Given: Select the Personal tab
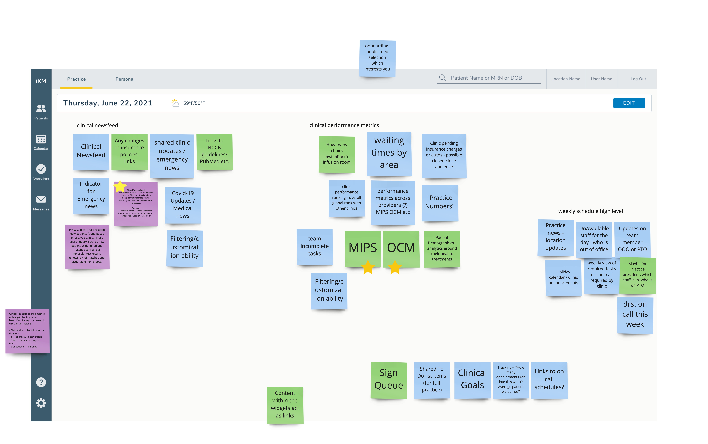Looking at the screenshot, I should [125, 79].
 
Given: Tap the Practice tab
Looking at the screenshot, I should [76, 79].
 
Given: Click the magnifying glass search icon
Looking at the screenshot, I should [442, 78].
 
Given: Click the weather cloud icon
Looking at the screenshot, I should [175, 103].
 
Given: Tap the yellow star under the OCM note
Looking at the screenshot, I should [395, 267].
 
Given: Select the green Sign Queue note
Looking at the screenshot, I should [388, 379].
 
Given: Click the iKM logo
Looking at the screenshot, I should [41, 81].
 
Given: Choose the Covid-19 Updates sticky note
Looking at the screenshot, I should [183, 205].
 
